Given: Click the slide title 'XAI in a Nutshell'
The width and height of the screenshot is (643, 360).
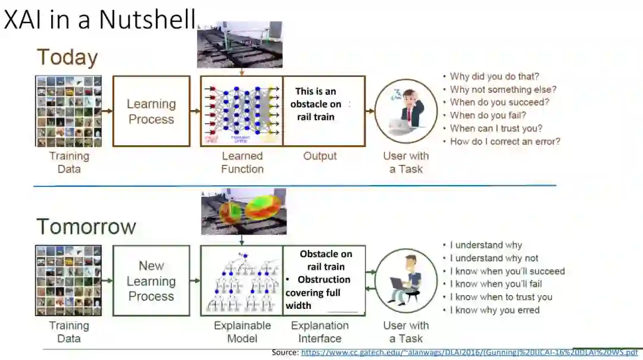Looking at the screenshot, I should point(100,19).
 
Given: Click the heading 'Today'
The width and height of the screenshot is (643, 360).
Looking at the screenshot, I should point(67,58).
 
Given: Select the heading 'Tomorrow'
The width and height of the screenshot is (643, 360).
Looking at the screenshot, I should point(86,226).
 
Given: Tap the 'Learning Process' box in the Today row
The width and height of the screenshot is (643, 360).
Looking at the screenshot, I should point(151,111).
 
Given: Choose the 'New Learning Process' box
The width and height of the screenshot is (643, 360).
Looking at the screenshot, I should point(151,281).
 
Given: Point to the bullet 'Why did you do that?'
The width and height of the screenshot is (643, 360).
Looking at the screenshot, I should point(494,76).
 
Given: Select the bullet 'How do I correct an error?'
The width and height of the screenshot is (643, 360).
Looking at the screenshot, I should point(505,142).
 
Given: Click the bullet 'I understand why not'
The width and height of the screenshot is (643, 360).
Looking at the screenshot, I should point(494,258).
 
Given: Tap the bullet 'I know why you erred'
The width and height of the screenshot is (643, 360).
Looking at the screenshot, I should point(494,310).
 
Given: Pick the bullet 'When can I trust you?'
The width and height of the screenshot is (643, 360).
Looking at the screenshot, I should point(496,129).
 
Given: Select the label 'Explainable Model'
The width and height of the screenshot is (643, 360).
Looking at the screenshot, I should point(242,332).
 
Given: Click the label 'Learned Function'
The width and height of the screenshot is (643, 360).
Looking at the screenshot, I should point(242,162).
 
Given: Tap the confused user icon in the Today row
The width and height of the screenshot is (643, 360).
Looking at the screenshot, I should point(405,111).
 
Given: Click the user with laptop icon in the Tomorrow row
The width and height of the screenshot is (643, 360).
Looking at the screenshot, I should point(405,280).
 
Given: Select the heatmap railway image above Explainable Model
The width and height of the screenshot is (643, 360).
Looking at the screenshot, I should point(244,211).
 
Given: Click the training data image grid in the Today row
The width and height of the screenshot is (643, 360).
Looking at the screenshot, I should point(68,111).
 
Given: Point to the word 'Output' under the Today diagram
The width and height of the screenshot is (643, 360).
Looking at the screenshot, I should point(320,156).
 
